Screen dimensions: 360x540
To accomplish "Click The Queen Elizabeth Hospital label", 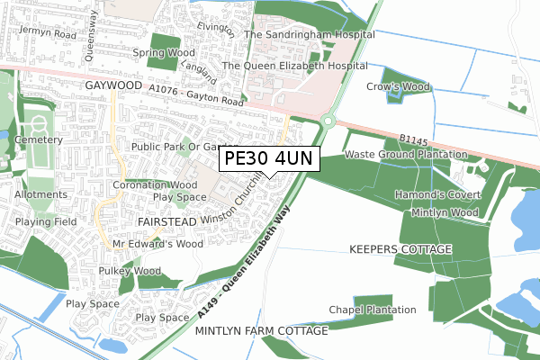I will [294, 66].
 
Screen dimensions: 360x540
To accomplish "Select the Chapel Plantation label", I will [373, 310].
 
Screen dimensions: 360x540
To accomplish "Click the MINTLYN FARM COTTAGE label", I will [262, 331].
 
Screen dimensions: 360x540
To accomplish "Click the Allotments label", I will [37, 193].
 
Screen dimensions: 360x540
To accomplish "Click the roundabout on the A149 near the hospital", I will [329, 121].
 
